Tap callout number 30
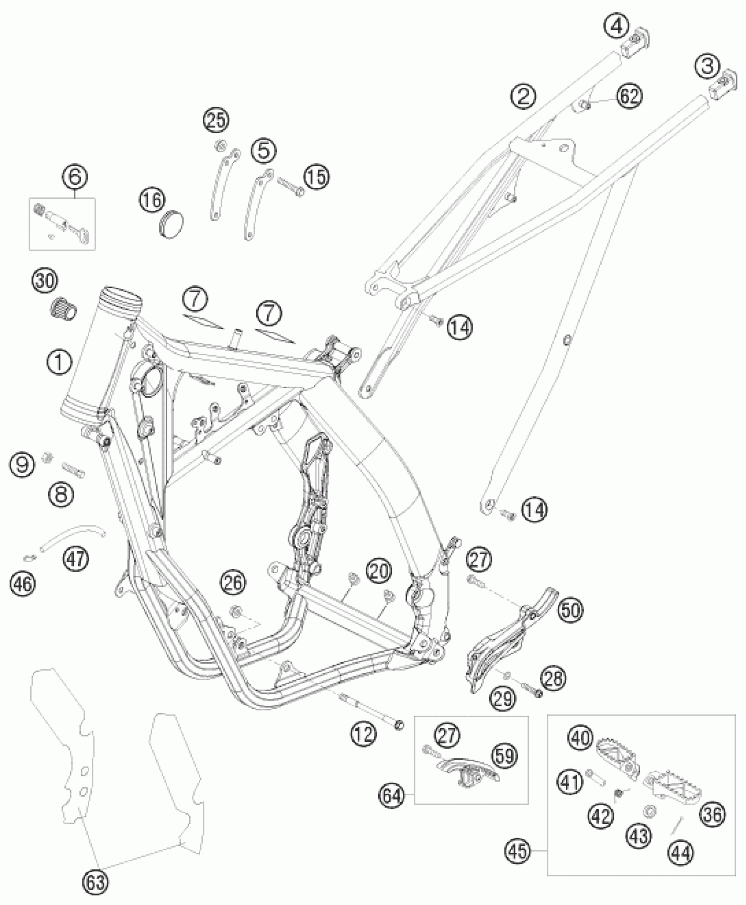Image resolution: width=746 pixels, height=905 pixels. [x=45, y=280]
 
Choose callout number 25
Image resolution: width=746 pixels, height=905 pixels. [x=216, y=120]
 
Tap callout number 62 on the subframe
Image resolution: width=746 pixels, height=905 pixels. [x=629, y=96]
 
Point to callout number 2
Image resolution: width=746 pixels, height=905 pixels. [x=523, y=96]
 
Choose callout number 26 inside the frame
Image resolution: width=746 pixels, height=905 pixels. [x=233, y=583]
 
